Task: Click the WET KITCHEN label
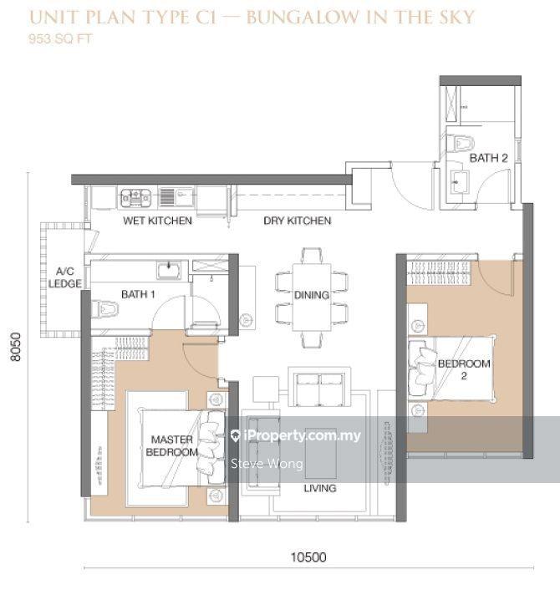[158, 221]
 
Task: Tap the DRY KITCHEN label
[297, 221]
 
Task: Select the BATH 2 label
[488, 158]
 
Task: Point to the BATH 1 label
[139, 293]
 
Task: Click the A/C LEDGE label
[65, 277]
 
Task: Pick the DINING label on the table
[312, 295]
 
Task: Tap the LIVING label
[320, 488]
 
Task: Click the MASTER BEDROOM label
[172, 445]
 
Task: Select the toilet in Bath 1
[106, 309]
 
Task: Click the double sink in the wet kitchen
[135, 197]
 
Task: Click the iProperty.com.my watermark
[297, 435]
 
